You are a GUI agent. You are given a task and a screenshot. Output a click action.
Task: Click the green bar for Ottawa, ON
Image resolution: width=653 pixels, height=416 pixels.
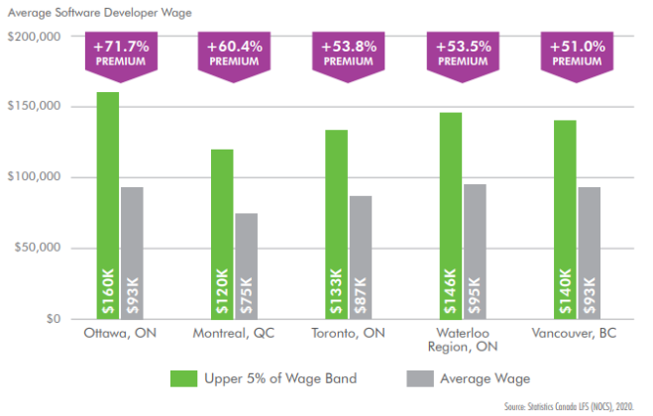[x=107, y=198]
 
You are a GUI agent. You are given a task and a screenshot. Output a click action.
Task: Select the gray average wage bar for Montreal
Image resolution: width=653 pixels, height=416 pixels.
[x=246, y=258]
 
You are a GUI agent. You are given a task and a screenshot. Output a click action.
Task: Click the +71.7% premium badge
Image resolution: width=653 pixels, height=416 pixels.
[x=120, y=52]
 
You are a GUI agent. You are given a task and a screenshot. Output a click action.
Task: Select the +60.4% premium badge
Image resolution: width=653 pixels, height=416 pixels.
[x=234, y=52]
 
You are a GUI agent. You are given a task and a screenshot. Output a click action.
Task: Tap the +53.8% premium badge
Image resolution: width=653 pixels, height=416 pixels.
[x=348, y=52]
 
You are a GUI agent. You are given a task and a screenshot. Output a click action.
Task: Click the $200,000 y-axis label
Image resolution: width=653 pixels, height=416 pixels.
[x=35, y=37]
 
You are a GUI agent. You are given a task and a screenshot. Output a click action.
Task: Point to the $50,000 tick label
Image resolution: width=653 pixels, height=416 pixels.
[x=38, y=248]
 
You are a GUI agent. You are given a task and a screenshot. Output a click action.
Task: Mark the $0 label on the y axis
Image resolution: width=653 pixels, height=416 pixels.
[x=53, y=319]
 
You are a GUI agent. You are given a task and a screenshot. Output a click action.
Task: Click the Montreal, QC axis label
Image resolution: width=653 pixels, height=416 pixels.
[x=234, y=334]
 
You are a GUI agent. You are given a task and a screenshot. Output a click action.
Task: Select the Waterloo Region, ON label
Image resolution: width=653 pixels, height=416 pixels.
[x=462, y=341]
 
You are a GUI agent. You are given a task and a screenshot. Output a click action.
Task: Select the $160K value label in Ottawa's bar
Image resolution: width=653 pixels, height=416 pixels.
[x=107, y=291]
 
